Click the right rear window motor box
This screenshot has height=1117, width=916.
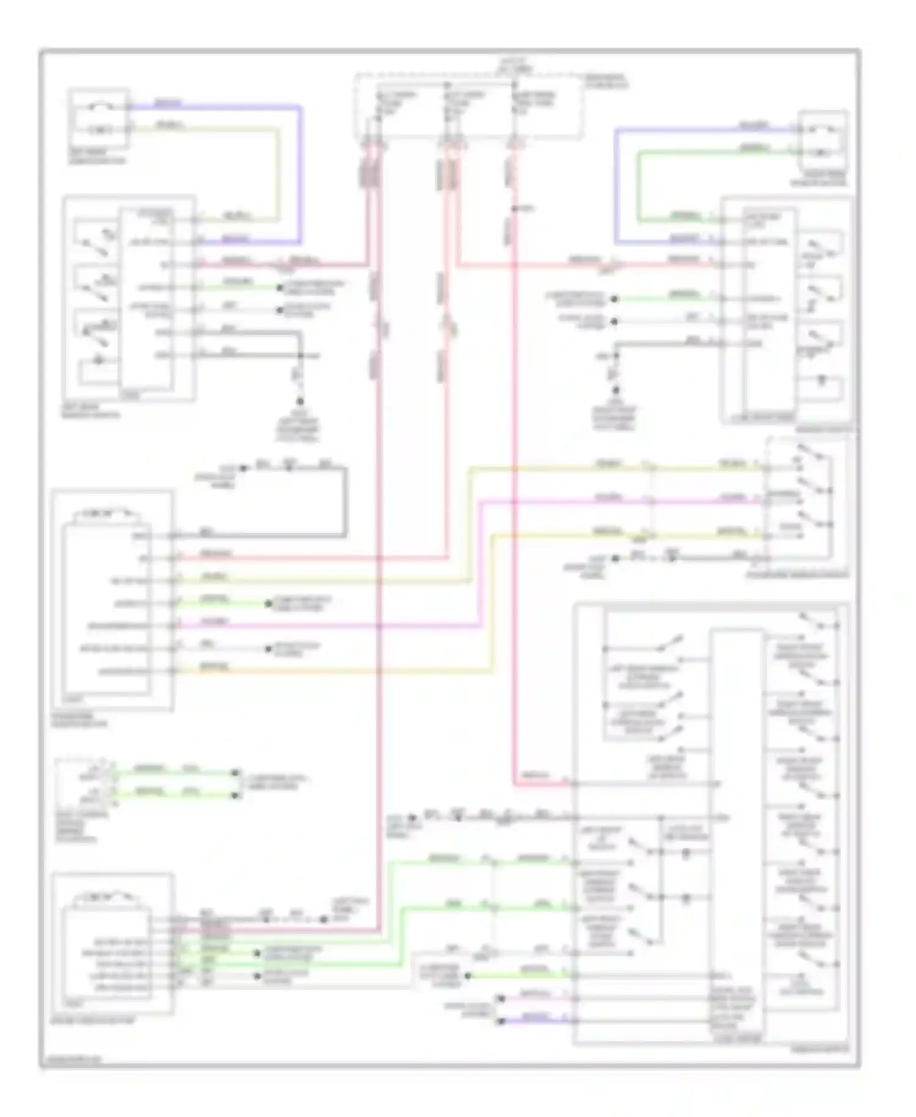tap(824, 140)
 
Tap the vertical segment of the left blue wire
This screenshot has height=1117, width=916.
tap(300, 174)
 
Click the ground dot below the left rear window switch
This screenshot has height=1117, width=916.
tap(300, 401)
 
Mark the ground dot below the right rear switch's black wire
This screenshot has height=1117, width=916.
tap(616, 390)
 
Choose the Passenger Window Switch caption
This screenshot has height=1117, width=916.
tap(797, 574)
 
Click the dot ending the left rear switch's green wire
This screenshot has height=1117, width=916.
tap(280, 287)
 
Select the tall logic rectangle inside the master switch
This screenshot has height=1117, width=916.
tap(736, 831)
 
